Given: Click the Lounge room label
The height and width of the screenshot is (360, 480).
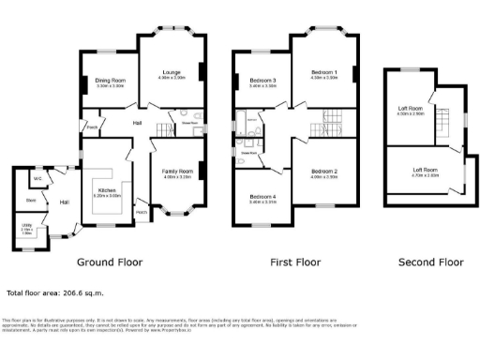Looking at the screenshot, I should click(171, 72).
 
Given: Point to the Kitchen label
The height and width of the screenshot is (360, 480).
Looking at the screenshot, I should click(107, 191).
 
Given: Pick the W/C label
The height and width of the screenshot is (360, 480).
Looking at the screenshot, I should click(37, 178).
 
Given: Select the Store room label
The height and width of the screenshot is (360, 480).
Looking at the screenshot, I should click(31, 200).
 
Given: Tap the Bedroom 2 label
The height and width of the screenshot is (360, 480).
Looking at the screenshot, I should click(323, 172).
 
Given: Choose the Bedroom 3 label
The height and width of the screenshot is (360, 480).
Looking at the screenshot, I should click(262, 82).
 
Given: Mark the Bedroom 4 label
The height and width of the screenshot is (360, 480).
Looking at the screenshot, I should click(262, 196).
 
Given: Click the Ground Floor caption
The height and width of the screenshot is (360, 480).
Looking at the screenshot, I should click(109, 262).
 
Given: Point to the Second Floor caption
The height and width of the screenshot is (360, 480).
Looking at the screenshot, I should click(431, 262).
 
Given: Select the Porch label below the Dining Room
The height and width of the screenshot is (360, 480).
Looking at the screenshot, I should click(93, 127).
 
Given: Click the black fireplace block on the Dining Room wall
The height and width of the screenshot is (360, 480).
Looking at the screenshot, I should click(82, 85).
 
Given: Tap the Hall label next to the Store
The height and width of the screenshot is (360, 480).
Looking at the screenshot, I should click(65, 202).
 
